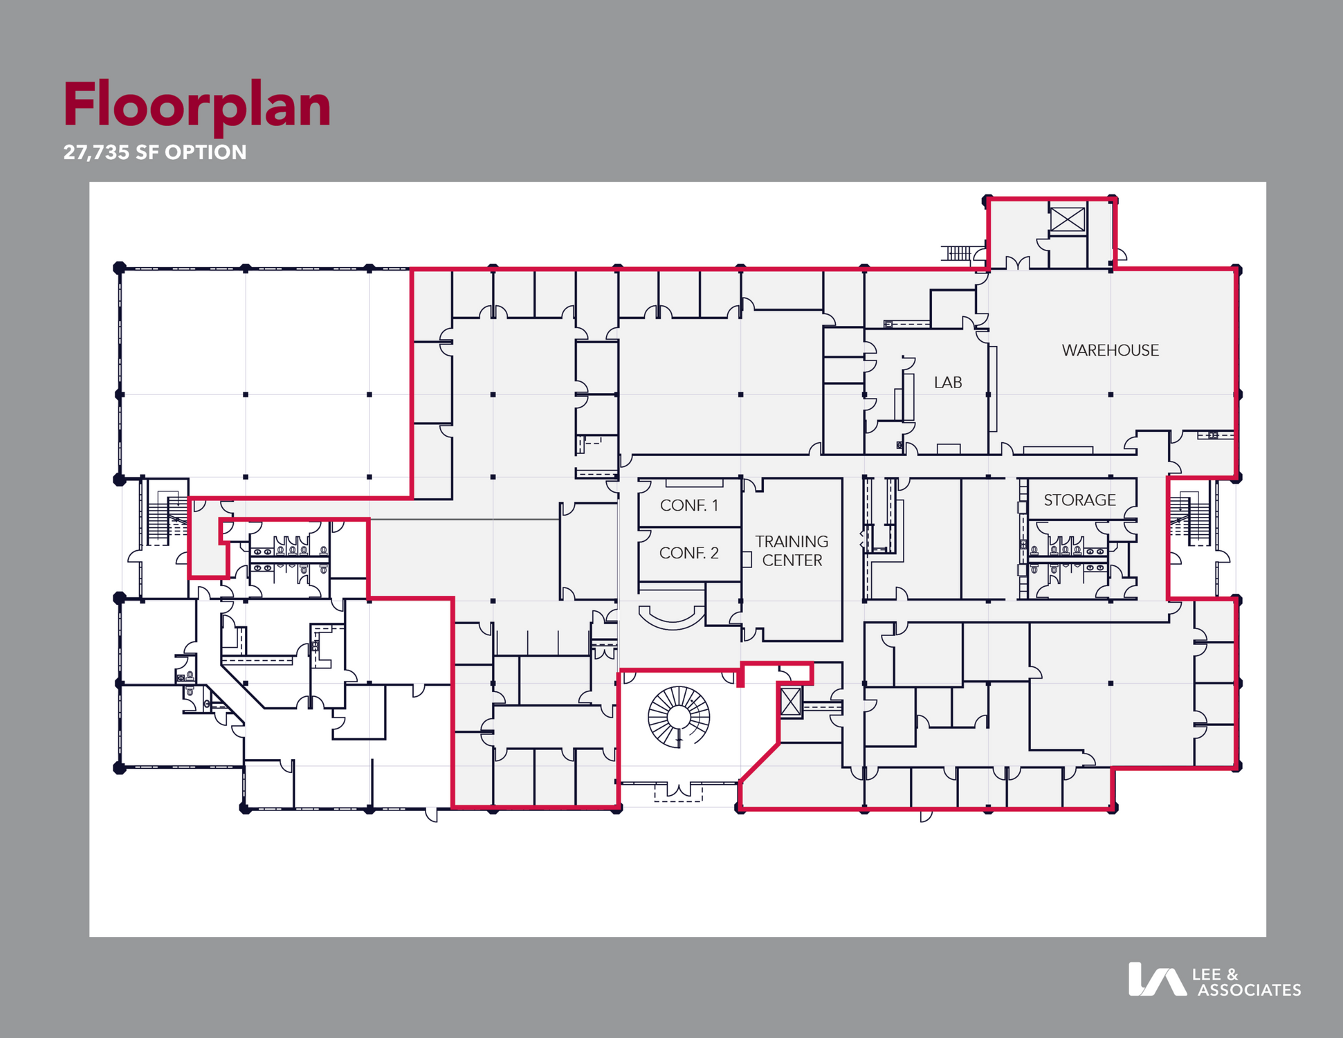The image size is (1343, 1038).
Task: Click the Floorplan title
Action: pyautogui.click(x=197, y=107)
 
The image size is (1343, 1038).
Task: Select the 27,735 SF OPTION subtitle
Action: pyautogui.click(x=155, y=152)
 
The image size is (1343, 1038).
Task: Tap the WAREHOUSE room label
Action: pyautogui.click(x=1110, y=350)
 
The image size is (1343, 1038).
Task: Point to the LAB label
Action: pyautogui.click(x=947, y=382)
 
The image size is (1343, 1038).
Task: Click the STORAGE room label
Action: pyautogui.click(x=1079, y=500)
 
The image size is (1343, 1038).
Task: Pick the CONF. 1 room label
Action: pyautogui.click(x=688, y=505)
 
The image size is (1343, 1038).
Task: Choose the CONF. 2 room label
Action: pyautogui.click(x=688, y=553)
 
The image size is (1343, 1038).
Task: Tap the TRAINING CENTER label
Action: pyautogui.click(x=792, y=551)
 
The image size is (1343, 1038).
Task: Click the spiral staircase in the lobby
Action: pyautogui.click(x=679, y=717)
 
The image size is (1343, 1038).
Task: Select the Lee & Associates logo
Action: pyautogui.click(x=1214, y=980)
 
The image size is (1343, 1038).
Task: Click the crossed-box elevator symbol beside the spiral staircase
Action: pyautogui.click(x=790, y=702)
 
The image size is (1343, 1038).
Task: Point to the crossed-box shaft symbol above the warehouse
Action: pyautogui.click(x=1067, y=219)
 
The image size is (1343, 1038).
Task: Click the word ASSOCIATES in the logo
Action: pyautogui.click(x=1250, y=990)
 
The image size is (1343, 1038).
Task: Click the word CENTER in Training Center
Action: pyautogui.click(x=792, y=560)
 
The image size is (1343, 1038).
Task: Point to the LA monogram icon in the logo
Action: pyautogui.click(x=1157, y=979)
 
